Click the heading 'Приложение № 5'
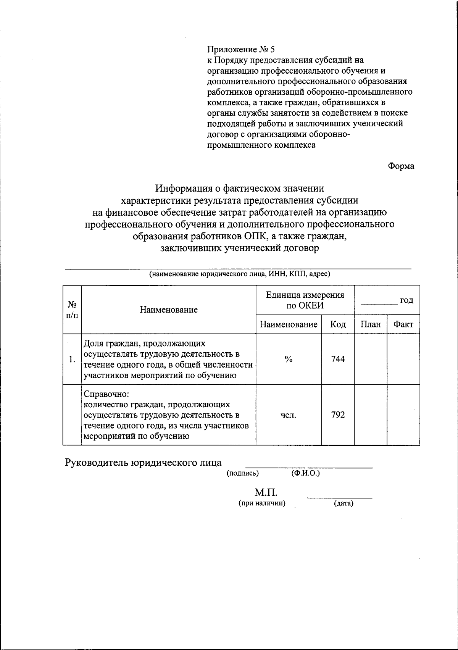pos(240,50)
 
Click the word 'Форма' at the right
pos(401,166)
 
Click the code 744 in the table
pos(338,359)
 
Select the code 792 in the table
pos(338,415)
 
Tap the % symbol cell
pos(289,359)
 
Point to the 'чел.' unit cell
pos(289,415)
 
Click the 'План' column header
pos(371,325)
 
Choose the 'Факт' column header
pos(403,325)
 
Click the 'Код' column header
pos(338,325)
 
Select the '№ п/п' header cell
pos(73,310)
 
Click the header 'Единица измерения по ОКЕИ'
pos(305,300)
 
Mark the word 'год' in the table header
pos(406,300)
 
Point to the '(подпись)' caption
pos(243,474)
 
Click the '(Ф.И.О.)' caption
pos(305,474)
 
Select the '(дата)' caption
pos(343,504)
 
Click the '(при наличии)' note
pos(262,503)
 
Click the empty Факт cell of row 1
pos(403,359)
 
